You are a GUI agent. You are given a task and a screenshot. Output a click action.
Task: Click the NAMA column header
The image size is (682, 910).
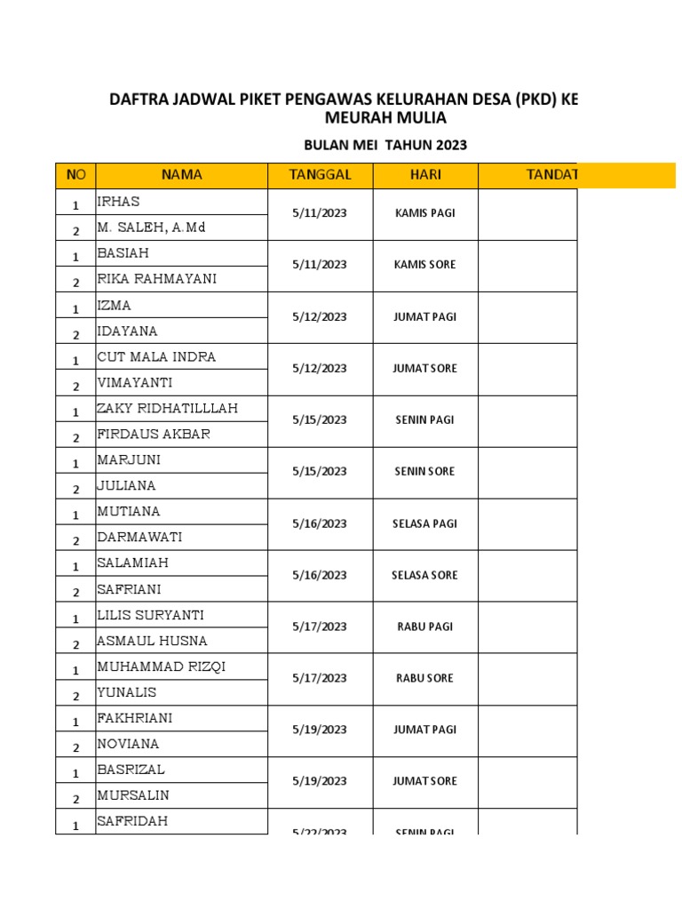(181, 175)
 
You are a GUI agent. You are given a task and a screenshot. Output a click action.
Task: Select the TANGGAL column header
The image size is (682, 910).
(320, 175)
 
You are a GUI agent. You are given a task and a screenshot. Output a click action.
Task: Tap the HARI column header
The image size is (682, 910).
(425, 175)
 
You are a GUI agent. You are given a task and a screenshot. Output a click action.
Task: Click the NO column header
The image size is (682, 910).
(75, 175)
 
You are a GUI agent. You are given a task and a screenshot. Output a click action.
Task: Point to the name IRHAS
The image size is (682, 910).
(118, 202)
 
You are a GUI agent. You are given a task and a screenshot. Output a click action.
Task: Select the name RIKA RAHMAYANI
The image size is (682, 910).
(156, 279)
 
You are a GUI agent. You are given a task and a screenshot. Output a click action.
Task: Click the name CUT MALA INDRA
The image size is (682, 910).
(156, 357)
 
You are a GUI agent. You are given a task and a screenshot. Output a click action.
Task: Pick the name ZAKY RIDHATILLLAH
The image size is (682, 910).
(167, 409)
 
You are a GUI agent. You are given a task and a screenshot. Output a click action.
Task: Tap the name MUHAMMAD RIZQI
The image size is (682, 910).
(161, 667)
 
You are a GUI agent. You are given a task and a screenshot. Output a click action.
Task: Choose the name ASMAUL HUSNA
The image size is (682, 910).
(152, 641)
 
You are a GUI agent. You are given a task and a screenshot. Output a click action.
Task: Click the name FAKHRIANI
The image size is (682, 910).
(135, 718)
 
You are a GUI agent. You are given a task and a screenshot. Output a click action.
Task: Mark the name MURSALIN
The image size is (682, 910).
(133, 795)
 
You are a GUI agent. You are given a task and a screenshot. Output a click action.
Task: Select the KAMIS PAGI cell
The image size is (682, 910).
(425, 213)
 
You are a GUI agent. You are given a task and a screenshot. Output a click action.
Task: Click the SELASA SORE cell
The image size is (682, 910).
(425, 575)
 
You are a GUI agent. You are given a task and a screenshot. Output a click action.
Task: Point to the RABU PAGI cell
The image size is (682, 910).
(425, 627)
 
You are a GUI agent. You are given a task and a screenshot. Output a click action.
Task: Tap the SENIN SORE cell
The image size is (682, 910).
(425, 471)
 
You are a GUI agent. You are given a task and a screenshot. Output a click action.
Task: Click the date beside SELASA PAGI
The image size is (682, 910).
(320, 523)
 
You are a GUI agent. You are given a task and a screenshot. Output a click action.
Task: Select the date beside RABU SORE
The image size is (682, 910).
(320, 678)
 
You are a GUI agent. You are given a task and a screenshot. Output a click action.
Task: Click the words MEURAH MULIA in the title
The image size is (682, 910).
(384, 118)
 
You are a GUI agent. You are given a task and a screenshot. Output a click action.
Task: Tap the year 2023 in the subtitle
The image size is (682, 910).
(448, 145)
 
